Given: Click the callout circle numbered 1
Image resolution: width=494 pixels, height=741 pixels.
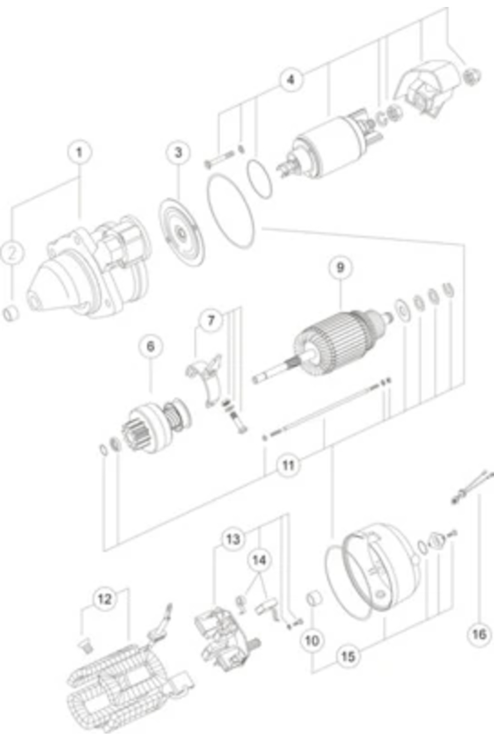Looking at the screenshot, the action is pyautogui.click(x=79, y=153).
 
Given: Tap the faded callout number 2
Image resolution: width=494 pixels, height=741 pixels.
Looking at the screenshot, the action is pyautogui.click(x=12, y=252).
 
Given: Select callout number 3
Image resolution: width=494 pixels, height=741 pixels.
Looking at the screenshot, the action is pyautogui.click(x=178, y=153).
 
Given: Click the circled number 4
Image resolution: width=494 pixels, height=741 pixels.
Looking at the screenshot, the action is pyautogui.click(x=291, y=79).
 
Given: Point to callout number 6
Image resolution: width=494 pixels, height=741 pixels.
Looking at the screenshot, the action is pyautogui.click(x=150, y=346).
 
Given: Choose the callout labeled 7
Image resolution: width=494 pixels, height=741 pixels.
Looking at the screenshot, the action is pyautogui.click(x=211, y=320).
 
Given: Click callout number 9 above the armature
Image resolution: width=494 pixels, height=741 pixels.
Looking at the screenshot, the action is pyautogui.click(x=340, y=268).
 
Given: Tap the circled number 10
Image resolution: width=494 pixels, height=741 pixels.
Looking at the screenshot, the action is pyautogui.click(x=312, y=640).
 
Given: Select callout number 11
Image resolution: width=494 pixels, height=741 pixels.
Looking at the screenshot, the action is pyautogui.click(x=288, y=466).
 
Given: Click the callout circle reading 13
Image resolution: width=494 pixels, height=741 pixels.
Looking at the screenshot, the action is pyautogui.click(x=233, y=539).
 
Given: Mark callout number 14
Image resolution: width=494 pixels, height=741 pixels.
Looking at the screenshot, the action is pyautogui.click(x=259, y=560).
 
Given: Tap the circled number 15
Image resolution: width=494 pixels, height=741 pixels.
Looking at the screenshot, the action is pyautogui.click(x=348, y=656).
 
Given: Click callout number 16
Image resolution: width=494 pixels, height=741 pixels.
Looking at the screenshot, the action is pyautogui.click(x=479, y=634).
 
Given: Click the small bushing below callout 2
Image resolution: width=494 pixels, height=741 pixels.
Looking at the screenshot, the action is pyautogui.click(x=11, y=314).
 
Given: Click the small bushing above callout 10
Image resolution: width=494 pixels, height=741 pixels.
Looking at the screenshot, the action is pyautogui.click(x=315, y=598).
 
